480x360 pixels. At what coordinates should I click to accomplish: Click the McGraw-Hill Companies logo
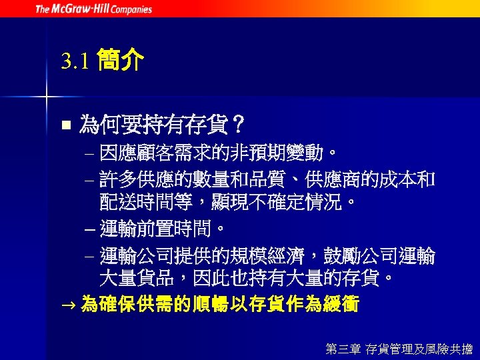click(x=93, y=9)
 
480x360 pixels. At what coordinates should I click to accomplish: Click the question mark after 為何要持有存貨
click(x=237, y=125)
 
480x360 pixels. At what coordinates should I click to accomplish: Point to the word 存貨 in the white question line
click(x=207, y=125)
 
